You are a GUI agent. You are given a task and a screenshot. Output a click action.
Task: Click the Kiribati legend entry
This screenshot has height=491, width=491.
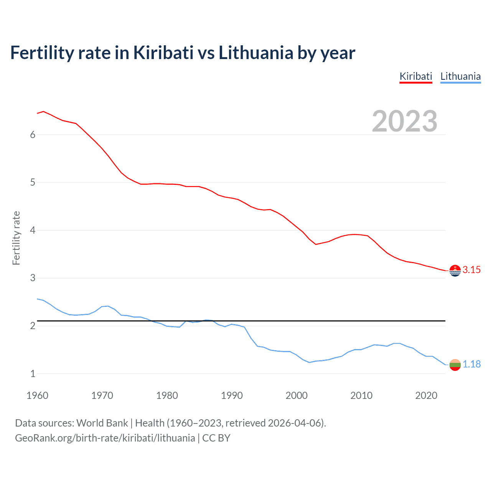(416, 76)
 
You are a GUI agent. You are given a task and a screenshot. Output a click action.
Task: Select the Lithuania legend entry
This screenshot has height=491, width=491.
(460, 76)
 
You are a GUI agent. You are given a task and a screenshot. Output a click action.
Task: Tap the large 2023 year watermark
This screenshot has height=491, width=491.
(405, 121)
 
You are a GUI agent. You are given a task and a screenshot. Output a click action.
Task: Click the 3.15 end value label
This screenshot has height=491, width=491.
(471, 270)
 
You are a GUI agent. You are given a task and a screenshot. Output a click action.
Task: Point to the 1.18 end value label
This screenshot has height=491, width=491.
(471, 364)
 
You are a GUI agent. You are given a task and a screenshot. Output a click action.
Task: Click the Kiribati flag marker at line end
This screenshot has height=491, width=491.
(455, 270)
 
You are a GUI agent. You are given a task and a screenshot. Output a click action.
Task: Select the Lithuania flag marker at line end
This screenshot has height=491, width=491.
(455, 365)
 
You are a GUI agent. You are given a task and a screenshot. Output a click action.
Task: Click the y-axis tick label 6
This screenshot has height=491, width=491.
(33, 135)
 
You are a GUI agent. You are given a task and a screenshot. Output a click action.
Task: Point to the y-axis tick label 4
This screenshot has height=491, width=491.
(33, 230)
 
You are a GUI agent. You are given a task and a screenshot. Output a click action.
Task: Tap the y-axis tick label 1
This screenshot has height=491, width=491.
(33, 374)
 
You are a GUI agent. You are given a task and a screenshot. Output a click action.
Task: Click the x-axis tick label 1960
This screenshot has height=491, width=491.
(37, 395)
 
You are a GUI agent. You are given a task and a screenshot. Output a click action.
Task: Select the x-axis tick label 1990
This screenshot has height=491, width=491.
(232, 395)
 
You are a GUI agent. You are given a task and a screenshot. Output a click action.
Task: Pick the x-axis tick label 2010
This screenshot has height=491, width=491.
(361, 395)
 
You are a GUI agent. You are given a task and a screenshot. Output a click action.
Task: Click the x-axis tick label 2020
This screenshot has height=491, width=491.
(426, 395)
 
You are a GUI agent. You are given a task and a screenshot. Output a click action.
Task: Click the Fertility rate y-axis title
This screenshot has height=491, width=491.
(16, 238)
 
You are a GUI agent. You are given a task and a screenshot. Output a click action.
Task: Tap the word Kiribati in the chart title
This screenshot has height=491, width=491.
(163, 53)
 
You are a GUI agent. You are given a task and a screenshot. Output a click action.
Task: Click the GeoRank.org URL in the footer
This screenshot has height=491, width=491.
(105, 438)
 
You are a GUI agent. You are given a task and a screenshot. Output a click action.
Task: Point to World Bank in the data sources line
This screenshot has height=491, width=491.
(102, 423)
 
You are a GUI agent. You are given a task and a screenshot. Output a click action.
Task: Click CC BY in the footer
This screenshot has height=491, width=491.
(216, 438)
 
